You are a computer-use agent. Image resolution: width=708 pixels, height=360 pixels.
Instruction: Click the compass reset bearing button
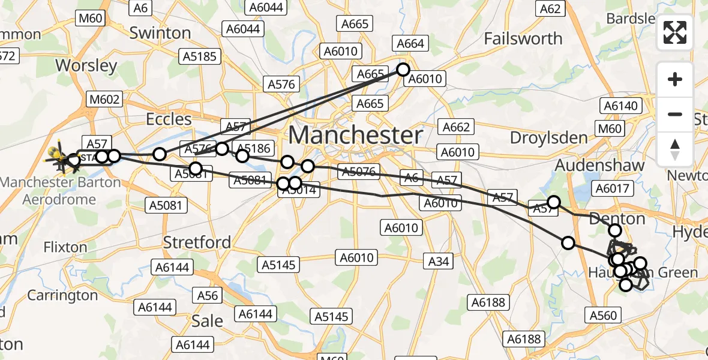point(675,149)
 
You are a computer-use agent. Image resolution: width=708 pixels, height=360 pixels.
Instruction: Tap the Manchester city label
point(356,135)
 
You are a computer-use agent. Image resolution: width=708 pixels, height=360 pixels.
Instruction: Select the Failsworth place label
point(523,39)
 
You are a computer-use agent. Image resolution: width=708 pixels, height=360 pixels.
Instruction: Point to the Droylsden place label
point(549,138)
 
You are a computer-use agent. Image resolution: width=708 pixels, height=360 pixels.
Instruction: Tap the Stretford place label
point(198,242)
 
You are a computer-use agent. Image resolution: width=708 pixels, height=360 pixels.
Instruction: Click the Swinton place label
point(160,32)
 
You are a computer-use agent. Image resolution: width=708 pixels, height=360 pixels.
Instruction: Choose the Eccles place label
point(169,119)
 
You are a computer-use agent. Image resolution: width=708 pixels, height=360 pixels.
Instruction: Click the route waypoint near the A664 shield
point(402,70)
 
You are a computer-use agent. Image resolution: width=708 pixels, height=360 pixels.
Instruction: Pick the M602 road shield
point(104,99)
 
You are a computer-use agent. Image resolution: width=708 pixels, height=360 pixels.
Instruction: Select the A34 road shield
point(439,260)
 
